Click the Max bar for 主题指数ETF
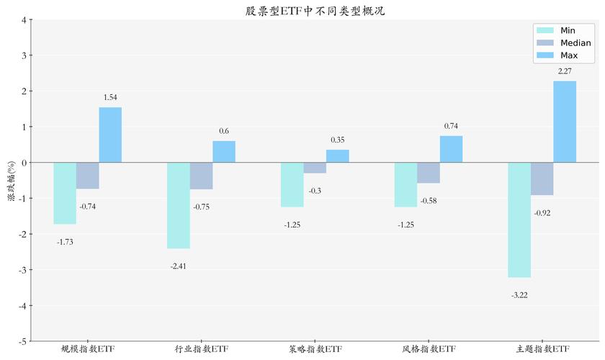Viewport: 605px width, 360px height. pyautogui.click(x=565, y=122)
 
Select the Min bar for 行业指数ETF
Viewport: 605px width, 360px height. pyautogui.click(x=179, y=205)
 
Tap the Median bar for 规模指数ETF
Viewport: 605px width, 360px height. pyautogui.click(x=88, y=176)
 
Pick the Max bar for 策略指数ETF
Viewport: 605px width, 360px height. pyautogui.click(x=338, y=156)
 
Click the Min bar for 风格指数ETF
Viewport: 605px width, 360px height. pyautogui.click(x=405, y=185)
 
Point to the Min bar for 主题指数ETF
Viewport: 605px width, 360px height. pyautogui.click(x=519, y=220)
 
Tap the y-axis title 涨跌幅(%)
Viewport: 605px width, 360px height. pyautogui.click(x=11, y=180)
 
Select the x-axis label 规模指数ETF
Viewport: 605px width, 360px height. pyautogui.click(x=88, y=349)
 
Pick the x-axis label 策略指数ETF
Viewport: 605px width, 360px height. pyautogui.click(x=315, y=349)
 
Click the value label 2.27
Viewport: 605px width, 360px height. pyautogui.click(x=565, y=71)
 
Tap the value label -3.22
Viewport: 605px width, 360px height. pyautogui.click(x=519, y=294)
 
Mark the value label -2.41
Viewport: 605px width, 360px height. pyautogui.click(x=179, y=266)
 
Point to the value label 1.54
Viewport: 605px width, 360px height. pyautogui.click(x=110, y=97)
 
